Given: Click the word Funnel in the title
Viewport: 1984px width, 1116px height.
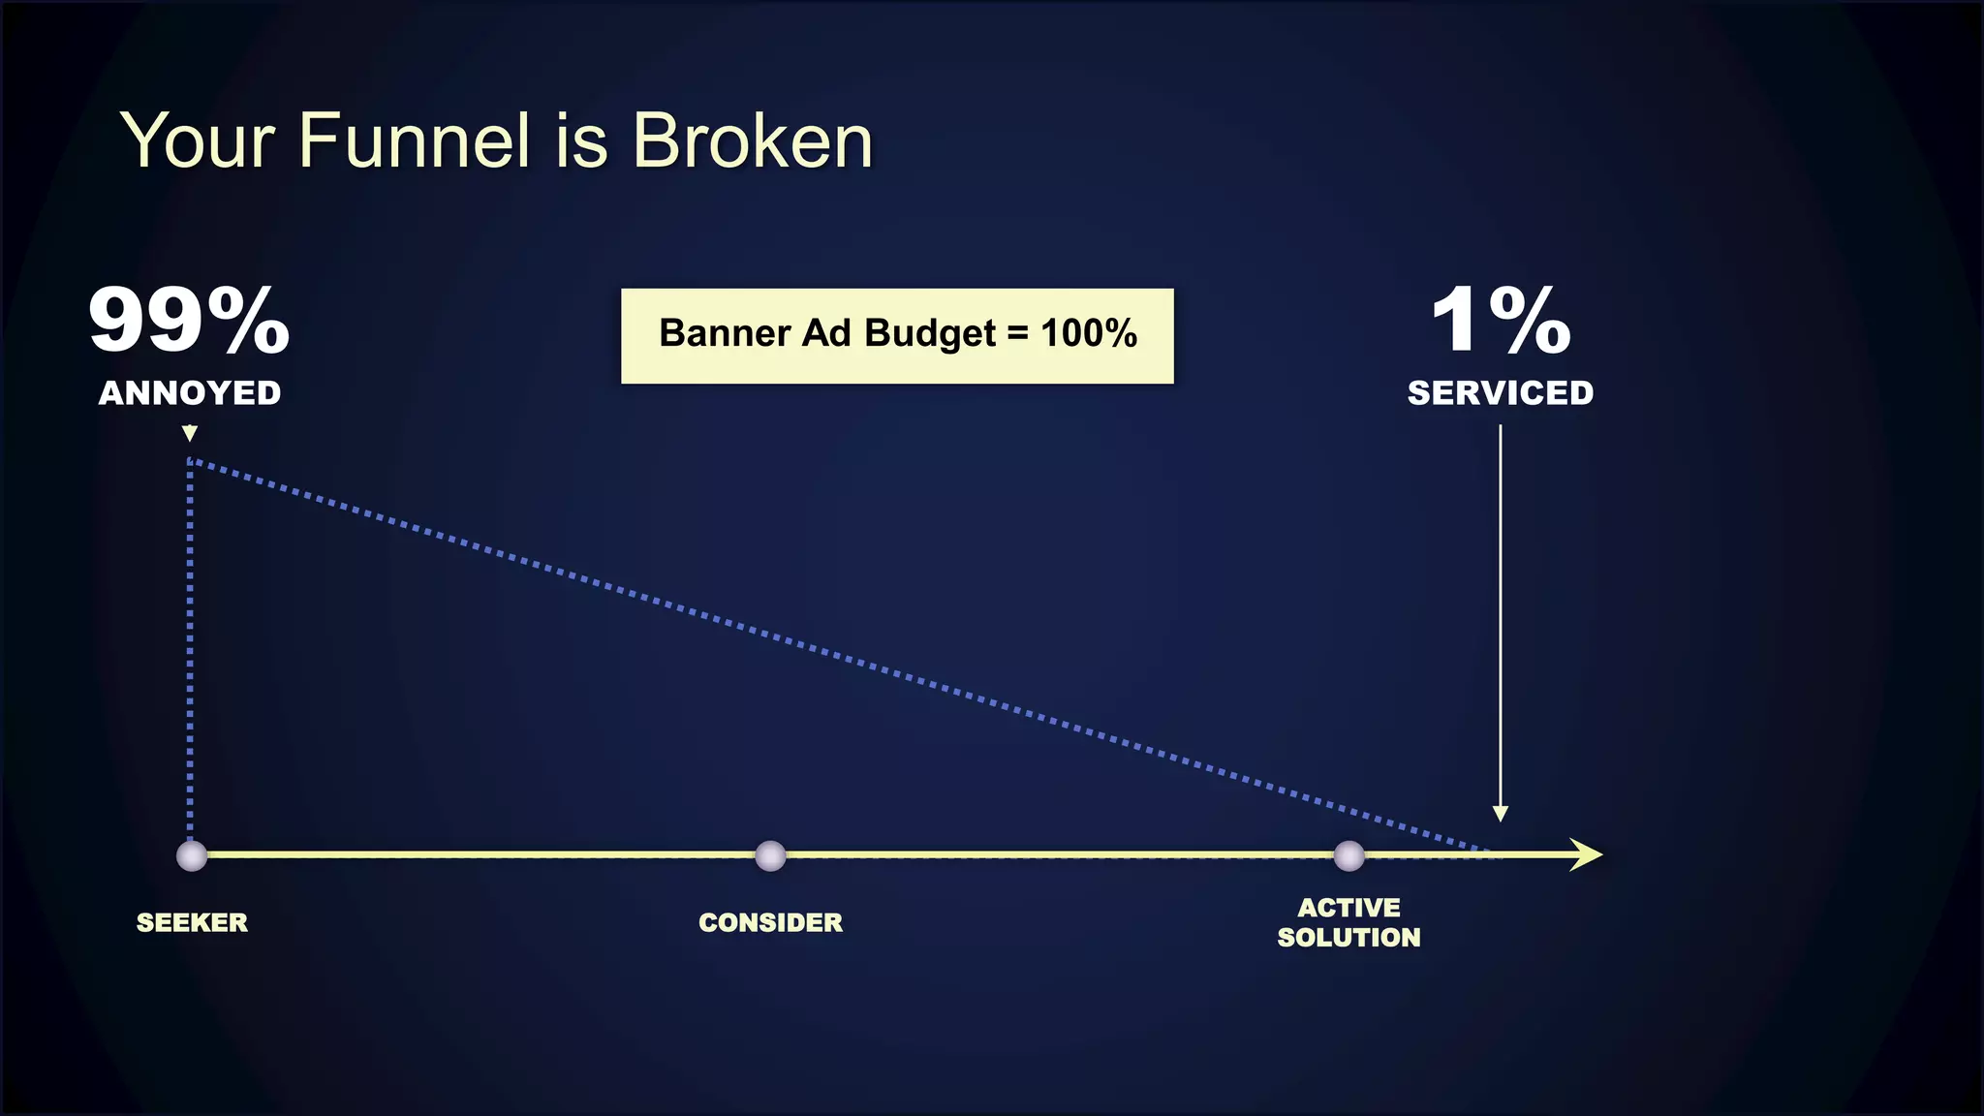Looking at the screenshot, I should pos(415,141).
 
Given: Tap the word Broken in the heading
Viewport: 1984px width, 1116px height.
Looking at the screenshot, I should pos(752,141).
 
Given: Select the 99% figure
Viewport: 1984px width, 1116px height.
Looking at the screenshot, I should pos(189,321).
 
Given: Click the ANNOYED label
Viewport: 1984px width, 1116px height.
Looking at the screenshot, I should pos(190,393).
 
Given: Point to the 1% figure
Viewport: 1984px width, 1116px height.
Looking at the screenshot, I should pos(1501,321).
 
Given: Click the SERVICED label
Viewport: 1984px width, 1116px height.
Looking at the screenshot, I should pos(1500,393).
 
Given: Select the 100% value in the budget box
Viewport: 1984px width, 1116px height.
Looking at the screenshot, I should pos(1089,333).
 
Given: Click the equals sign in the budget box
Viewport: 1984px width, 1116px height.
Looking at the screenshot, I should pos(1017,334).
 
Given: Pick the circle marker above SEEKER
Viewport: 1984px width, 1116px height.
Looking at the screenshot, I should pos(192,855).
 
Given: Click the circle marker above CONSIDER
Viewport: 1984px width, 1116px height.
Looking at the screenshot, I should pos(770,855).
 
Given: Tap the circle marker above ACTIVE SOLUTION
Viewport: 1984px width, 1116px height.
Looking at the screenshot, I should pos(1348,855).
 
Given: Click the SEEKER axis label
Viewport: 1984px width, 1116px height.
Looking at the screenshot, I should pos(192,922).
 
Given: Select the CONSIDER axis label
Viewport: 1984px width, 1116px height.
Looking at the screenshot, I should pos(770,922).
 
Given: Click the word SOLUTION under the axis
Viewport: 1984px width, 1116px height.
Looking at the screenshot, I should pos(1348,938).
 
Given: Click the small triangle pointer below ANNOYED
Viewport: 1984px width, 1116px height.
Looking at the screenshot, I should pos(190,433).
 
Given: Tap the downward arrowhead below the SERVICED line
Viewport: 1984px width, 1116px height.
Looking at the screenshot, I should pos(1500,814).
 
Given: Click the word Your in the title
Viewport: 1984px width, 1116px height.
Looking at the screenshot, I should pos(199,141).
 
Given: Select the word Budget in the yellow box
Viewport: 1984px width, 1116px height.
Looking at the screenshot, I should pos(929,333).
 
